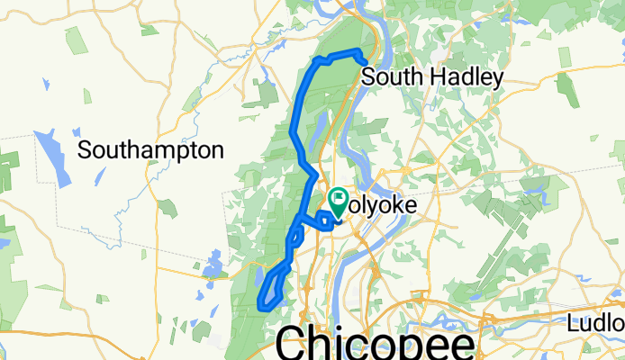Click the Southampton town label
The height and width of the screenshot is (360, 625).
150,149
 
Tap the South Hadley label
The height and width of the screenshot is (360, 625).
431,78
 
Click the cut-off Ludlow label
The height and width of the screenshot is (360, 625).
596,323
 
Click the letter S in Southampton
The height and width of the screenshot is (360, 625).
85,149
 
